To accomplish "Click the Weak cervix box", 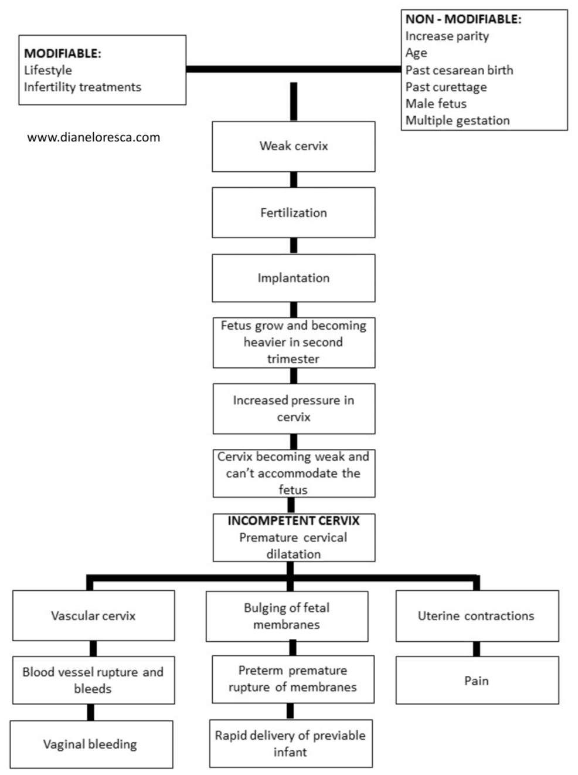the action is tap(294, 147).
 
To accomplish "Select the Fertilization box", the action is tap(294, 212).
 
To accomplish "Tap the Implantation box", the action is tap(294, 278).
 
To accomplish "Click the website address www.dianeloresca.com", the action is tap(93, 137).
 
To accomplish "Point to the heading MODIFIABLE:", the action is tap(62, 53).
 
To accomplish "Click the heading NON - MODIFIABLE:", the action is tap(463, 19).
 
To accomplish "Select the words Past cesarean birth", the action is tap(459, 70).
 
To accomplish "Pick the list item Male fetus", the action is tap(436, 103).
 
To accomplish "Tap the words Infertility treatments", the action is tap(83, 87).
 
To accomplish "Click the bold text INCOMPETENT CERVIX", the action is tap(294, 521).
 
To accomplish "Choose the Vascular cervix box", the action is tap(93, 615).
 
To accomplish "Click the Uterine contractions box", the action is tap(477, 616).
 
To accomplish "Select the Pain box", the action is tap(477, 681).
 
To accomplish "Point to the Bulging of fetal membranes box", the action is tap(287, 616).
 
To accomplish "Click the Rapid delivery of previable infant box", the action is tap(291, 743).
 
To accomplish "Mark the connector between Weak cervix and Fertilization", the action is tap(294, 180).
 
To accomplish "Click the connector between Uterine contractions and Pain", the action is tap(477, 649).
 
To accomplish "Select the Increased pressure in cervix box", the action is tap(294, 408).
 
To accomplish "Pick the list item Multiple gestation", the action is tap(457, 120).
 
